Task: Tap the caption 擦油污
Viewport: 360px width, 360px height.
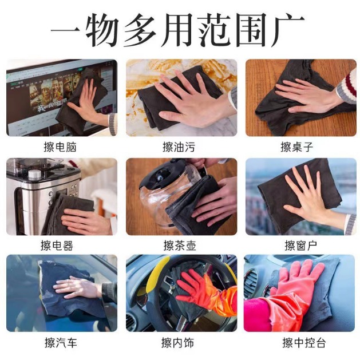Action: coord(179,148)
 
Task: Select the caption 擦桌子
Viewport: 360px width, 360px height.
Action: coord(297,148)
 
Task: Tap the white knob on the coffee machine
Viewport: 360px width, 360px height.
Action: coord(34,175)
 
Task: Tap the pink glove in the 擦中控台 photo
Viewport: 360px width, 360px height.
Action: coord(295,286)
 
